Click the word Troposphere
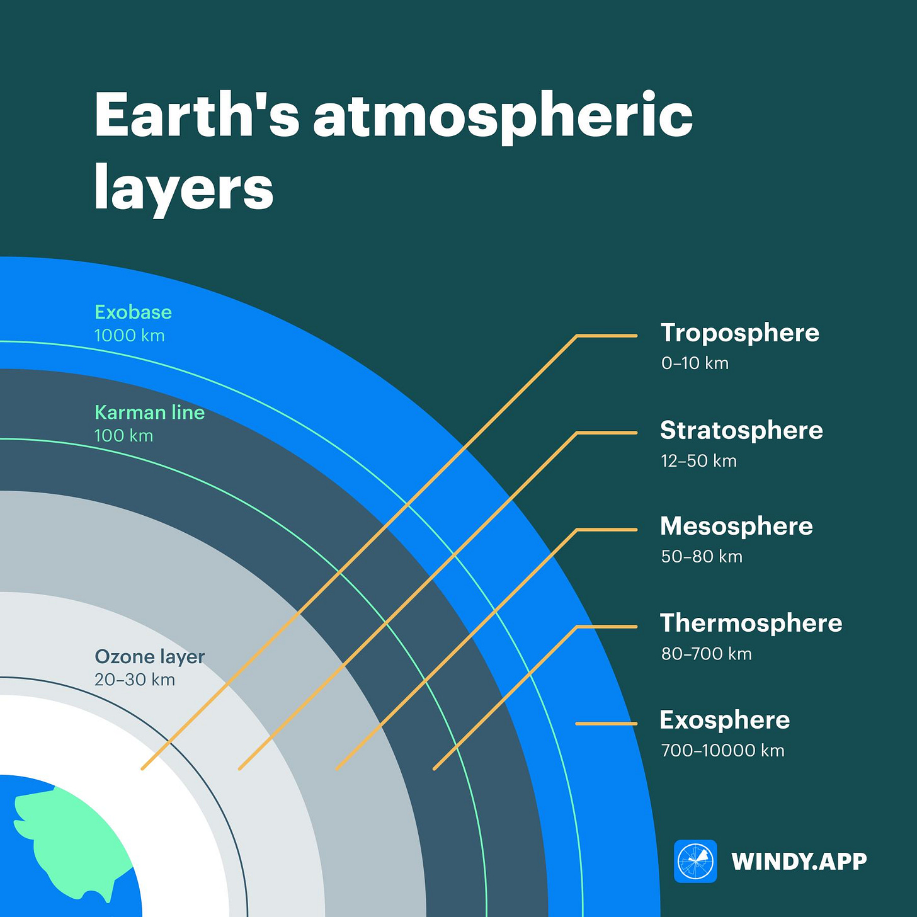coord(739,333)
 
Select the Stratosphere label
coord(741,431)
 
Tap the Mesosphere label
coord(736,527)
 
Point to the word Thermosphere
coord(751,624)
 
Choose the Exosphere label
coord(724,720)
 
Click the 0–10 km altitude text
coord(695,363)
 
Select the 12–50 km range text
coord(698,461)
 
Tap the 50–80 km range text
coord(702,557)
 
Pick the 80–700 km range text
coord(706,654)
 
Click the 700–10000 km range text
coord(722,751)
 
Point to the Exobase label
coord(133,312)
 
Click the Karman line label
coord(149,413)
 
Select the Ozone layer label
coord(149,657)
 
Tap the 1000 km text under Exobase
coord(129,336)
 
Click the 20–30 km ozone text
coord(134,680)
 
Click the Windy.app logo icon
coord(695,861)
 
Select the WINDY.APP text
coord(799,862)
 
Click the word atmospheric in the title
coord(503,117)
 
